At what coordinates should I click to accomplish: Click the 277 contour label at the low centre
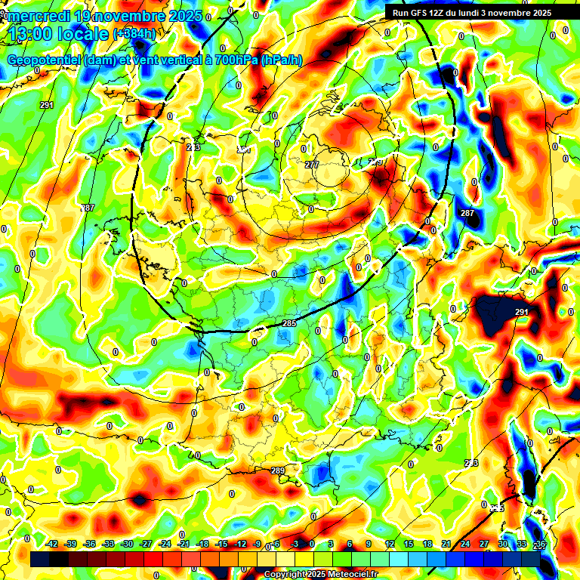[x=312, y=165]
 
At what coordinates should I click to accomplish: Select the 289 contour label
[x=278, y=470]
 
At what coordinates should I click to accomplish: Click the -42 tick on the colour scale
[x=52, y=544]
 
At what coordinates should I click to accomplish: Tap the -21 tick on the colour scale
[x=184, y=544]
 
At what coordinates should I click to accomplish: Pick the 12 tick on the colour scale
[x=389, y=544]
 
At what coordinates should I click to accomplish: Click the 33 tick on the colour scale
[x=521, y=544]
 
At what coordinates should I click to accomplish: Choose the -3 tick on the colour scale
[x=295, y=544]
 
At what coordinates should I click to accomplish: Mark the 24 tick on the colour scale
[x=464, y=544]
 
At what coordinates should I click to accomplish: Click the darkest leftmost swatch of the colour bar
[x=40, y=559]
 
